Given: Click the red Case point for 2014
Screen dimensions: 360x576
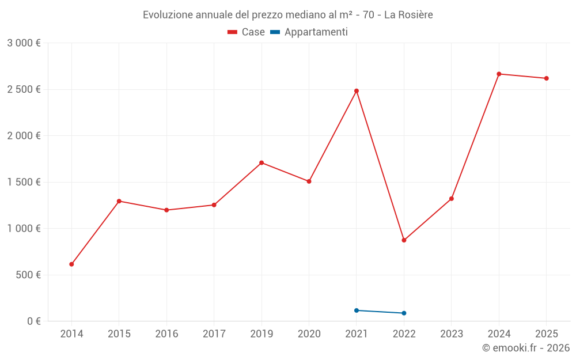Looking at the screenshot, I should point(71,264).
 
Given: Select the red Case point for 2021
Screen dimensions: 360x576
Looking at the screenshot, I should point(357,91).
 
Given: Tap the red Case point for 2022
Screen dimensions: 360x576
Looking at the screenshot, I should point(404,240).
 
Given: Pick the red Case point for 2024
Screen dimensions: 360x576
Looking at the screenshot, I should point(499,74).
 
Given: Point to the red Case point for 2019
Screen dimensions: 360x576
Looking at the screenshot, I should point(262,162).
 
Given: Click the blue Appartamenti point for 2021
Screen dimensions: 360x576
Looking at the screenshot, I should point(357,310).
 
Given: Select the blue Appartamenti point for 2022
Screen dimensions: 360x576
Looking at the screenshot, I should point(404,313).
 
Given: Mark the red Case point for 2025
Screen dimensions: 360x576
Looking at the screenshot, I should point(546,78).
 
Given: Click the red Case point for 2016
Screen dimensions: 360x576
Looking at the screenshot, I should point(166,210).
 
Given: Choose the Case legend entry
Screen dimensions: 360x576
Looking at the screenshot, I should point(247,32).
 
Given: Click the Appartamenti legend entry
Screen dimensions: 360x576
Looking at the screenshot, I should point(309,32).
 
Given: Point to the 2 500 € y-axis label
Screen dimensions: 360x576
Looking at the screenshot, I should point(24,89).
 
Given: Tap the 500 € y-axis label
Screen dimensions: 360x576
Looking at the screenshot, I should point(28,275).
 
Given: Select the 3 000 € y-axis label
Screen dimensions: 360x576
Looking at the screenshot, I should point(24,43).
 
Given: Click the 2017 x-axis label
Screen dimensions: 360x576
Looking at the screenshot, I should point(214,334).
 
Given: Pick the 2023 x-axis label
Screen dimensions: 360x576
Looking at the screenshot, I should point(451,334).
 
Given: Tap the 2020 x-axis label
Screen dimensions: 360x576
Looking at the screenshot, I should point(309,334).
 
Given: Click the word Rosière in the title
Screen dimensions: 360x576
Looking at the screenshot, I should point(416,14).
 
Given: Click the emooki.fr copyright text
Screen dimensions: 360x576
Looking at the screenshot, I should point(525,348).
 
